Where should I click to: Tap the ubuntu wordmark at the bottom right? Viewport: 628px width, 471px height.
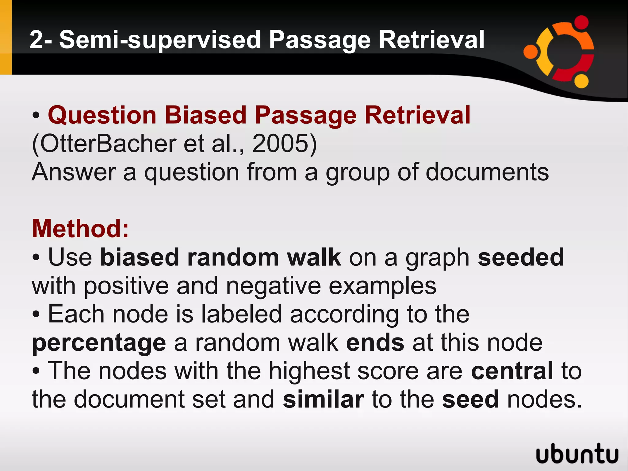(x=577, y=454)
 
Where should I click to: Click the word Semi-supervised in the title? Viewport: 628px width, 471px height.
(x=159, y=40)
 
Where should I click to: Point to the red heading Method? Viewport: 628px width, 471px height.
(x=80, y=229)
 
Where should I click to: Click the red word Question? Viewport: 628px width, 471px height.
(x=102, y=115)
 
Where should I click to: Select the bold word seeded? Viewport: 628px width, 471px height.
(x=521, y=257)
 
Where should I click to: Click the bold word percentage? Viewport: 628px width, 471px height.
(x=99, y=343)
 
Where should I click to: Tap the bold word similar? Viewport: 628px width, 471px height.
(x=323, y=400)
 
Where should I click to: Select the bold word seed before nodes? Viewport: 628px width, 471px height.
(x=470, y=400)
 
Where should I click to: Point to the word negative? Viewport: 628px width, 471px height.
(x=273, y=286)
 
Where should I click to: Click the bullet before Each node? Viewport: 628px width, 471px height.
(x=36, y=314)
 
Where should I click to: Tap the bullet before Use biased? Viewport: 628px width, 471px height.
(x=36, y=257)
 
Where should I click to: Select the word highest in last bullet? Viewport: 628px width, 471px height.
(x=309, y=371)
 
